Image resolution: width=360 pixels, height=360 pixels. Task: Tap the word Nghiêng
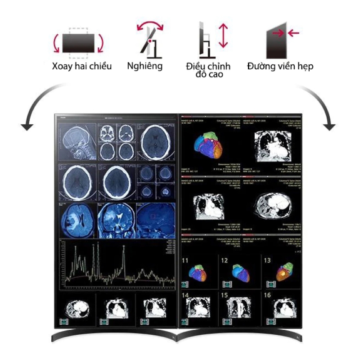pos(144,67)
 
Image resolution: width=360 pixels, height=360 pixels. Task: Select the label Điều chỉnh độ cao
pos(208,70)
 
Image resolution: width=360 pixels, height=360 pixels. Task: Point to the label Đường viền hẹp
pos(280,67)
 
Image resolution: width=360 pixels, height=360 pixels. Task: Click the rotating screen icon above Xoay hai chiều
pos(78,43)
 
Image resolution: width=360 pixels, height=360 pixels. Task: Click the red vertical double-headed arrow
pos(223,36)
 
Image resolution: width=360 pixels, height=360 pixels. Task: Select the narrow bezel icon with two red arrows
pos(281,40)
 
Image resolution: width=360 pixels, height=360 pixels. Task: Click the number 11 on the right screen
pos(185,261)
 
